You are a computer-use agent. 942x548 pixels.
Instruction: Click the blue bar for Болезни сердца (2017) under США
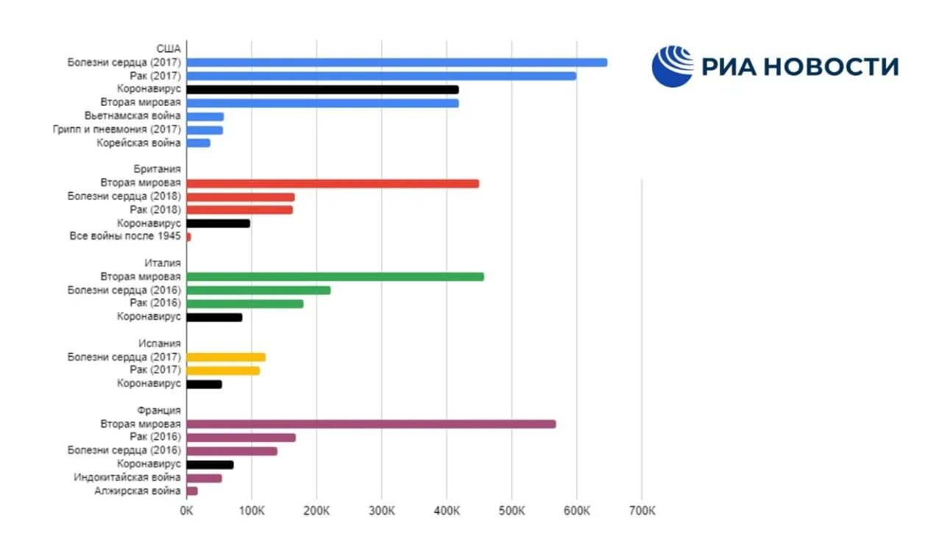pyautogui.click(x=397, y=63)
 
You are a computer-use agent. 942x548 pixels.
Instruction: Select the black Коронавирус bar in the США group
pyautogui.click(x=322, y=90)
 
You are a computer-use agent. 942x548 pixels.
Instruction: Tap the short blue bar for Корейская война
pyautogui.click(x=199, y=143)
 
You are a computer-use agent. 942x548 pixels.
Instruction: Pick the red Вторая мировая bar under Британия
pyautogui.click(x=333, y=183)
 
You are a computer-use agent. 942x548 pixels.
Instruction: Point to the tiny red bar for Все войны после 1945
pyautogui.click(x=189, y=237)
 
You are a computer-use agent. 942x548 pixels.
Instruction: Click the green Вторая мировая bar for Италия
pyautogui.click(x=335, y=277)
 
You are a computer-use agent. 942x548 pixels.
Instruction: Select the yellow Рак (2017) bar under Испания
pyautogui.click(x=223, y=370)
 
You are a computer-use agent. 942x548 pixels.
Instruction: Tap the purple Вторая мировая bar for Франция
pyautogui.click(x=371, y=424)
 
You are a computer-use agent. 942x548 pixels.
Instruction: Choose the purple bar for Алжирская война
pyautogui.click(x=192, y=491)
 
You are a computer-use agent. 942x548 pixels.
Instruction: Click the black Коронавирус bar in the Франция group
pyautogui.click(x=210, y=464)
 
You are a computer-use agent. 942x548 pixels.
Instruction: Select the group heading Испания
pyautogui.click(x=160, y=344)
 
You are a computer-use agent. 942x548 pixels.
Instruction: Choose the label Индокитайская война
pyautogui.click(x=127, y=477)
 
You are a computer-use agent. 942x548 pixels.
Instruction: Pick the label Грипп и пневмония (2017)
pyautogui.click(x=117, y=129)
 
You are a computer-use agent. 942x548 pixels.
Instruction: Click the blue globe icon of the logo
pyautogui.click(x=673, y=66)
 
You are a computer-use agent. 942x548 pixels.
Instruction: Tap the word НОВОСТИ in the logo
pyautogui.click(x=831, y=67)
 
